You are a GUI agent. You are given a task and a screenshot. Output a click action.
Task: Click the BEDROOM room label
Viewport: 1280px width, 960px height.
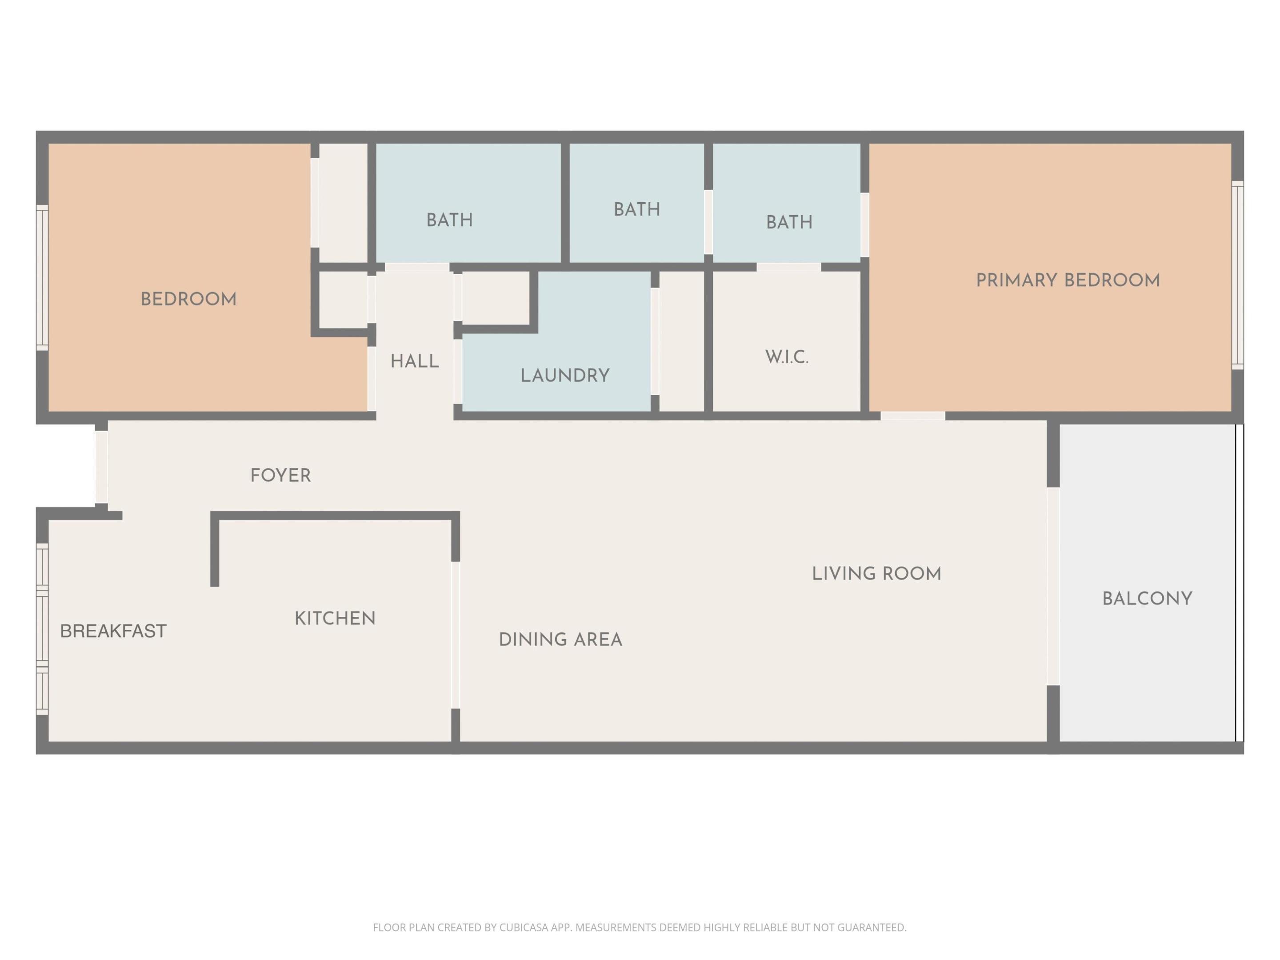point(188,299)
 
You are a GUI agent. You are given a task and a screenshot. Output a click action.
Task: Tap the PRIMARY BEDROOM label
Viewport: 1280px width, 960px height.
point(1068,280)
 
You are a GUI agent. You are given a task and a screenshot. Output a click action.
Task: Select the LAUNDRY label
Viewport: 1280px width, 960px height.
point(565,376)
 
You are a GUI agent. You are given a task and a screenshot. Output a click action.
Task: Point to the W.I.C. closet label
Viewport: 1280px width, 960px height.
point(786,357)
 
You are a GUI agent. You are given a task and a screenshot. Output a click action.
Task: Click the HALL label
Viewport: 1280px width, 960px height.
point(414,362)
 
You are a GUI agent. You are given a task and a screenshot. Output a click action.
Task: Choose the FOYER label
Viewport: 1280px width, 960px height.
point(280,476)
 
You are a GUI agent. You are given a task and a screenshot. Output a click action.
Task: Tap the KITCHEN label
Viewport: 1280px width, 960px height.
point(335,618)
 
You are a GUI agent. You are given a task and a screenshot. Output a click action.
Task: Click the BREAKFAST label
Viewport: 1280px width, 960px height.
point(113,631)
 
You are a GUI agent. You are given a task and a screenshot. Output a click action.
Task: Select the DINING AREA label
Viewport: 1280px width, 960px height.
point(560,640)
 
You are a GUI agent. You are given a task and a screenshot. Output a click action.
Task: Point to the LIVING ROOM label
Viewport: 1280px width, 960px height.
point(876,573)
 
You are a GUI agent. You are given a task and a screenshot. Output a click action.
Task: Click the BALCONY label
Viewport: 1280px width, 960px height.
point(1147,598)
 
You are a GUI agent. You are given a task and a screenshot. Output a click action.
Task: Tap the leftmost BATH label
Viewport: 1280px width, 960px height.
point(450,220)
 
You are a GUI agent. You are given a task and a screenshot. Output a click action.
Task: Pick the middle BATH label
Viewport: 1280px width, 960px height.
point(636,209)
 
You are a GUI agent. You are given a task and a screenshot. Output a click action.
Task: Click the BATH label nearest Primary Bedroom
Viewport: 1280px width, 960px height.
point(789,222)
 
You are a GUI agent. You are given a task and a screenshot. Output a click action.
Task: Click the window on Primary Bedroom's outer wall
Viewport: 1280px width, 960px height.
point(1237,275)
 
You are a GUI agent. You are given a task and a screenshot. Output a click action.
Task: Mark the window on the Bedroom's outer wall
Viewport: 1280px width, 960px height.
point(42,277)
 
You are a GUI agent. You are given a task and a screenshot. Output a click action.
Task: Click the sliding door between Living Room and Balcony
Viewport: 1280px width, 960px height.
point(1053,586)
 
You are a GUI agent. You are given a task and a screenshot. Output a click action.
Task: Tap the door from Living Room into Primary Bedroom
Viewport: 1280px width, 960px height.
point(912,416)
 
